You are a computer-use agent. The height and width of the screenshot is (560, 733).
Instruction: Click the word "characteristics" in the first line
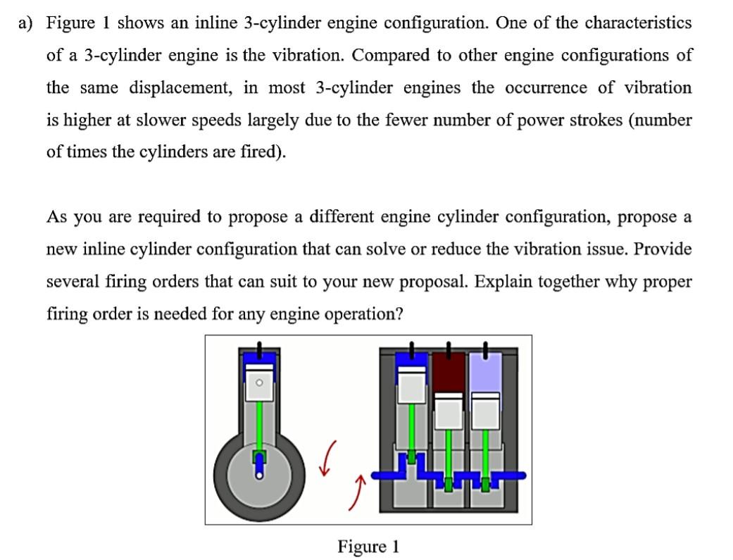pyautogui.click(x=638, y=23)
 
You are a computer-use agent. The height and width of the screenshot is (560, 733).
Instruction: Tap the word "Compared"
pyautogui.click(x=390, y=55)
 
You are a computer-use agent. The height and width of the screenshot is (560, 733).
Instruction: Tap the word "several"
pyautogui.click(x=72, y=282)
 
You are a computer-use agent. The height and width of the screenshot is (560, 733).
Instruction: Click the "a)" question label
pyautogui.click(x=26, y=23)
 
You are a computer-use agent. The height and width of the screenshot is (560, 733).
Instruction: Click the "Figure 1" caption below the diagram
pyautogui.click(x=368, y=546)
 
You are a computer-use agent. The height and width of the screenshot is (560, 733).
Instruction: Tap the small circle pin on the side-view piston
pyautogui.click(x=259, y=382)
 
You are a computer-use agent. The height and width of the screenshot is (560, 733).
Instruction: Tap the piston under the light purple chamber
pyautogui.click(x=485, y=410)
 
